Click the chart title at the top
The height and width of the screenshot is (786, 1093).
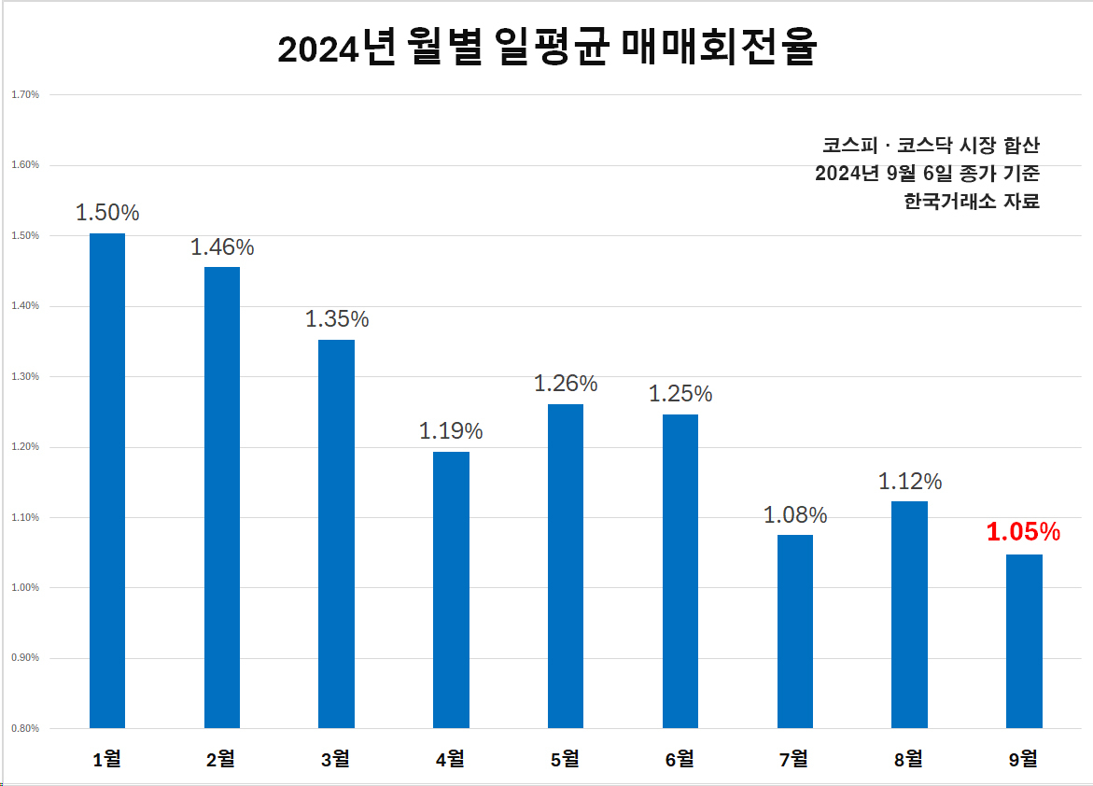pyautogui.click(x=547, y=47)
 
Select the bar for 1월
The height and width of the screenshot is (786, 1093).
pyautogui.click(x=107, y=481)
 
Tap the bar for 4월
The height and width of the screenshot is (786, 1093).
pyautogui.click(x=451, y=590)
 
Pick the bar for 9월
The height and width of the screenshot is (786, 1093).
pyautogui.click(x=1024, y=641)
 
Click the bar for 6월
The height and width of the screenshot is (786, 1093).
pyautogui.click(x=680, y=571)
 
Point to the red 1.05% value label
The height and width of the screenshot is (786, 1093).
pyautogui.click(x=1023, y=532)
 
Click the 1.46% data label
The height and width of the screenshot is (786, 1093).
pyautogui.click(x=222, y=246)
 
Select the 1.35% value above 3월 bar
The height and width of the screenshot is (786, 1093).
pyautogui.click(x=337, y=318)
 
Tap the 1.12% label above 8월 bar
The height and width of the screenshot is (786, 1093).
pyautogui.click(x=910, y=482)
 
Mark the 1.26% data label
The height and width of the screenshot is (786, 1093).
pyautogui.click(x=566, y=383)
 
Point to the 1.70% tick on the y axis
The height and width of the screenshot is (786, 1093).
pyautogui.click(x=25, y=94)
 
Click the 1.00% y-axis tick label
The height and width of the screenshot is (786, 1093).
pyautogui.click(x=25, y=587)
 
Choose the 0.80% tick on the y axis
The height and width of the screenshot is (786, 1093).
pyautogui.click(x=25, y=728)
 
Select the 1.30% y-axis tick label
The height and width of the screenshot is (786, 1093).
pyautogui.click(x=25, y=376)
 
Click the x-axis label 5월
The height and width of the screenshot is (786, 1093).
pyautogui.click(x=565, y=759)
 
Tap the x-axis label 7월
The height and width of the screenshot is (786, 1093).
pyautogui.click(x=794, y=759)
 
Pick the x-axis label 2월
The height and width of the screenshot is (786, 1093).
pyautogui.click(x=221, y=759)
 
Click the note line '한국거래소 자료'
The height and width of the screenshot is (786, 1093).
pyautogui.click(x=972, y=201)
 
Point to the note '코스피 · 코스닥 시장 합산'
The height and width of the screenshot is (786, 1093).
pyautogui.click(x=932, y=145)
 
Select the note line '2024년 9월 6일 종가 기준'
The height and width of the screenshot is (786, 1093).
pyautogui.click(x=927, y=173)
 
